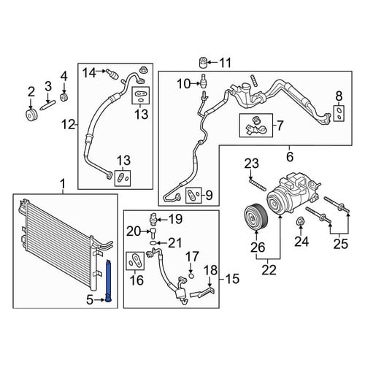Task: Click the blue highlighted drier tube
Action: tap(109, 282)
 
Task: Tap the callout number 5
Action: tap(90, 300)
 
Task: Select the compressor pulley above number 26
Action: tap(256, 216)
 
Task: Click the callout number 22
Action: tap(269, 269)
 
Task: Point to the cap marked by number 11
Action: tap(203, 63)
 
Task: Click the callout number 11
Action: tap(225, 63)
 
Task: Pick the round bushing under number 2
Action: tap(31, 115)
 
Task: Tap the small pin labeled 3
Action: tap(48, 106)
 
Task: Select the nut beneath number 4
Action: tap(64, 97)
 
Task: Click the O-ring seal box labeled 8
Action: tap(339, 114)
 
